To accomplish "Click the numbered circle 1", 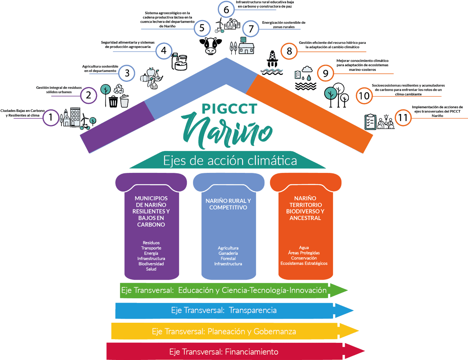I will pos(51,117).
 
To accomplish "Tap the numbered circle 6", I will pos(226,10).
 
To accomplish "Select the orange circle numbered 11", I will pos(403,118).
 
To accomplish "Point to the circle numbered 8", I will pos(289,51).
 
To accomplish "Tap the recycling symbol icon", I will pos(119,89).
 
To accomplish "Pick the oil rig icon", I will pos(272,59).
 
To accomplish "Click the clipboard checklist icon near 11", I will pos(370,122).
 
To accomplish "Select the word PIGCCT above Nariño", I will pos(229,109).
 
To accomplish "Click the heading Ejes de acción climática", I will pos(230,161).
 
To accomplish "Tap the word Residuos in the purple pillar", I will pos(151,243).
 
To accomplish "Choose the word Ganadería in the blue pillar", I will pos(228,253).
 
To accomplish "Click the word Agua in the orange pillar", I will pos(304,247).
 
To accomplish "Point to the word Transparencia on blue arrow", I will pos(253,310).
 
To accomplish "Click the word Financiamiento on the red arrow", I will pos(252,352).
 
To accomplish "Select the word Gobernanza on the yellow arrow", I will pos(275,331).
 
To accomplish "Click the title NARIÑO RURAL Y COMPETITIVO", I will pos(228,204).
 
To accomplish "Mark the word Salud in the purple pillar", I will pos(151,269).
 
